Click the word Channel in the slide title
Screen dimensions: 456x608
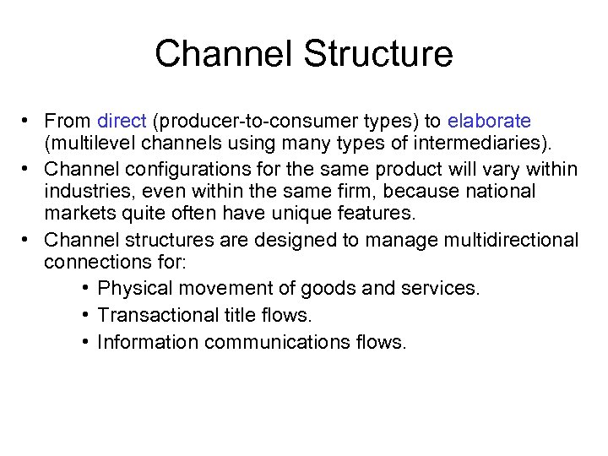224,54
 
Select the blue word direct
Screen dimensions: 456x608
122,121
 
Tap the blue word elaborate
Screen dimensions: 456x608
489,121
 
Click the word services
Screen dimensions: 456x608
445,288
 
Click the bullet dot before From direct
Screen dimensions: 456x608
28,121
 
